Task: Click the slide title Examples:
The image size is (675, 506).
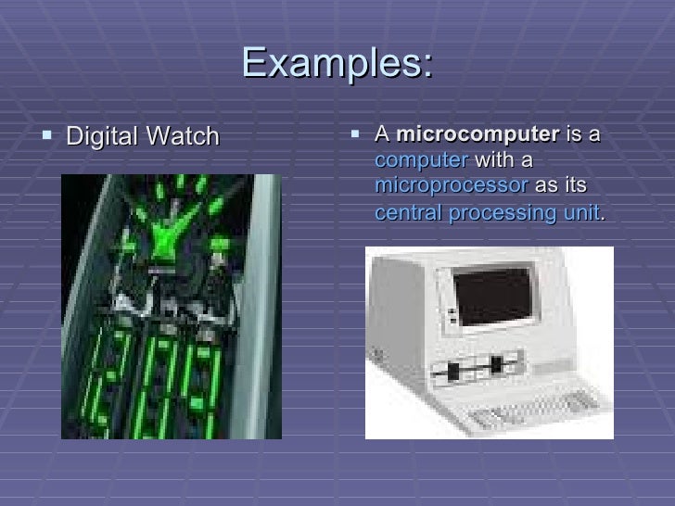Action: pos(337,63)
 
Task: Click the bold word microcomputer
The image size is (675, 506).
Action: pos(478,135)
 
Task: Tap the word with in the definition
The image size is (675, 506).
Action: pos(494,159)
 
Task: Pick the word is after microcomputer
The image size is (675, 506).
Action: pos(574,135)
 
